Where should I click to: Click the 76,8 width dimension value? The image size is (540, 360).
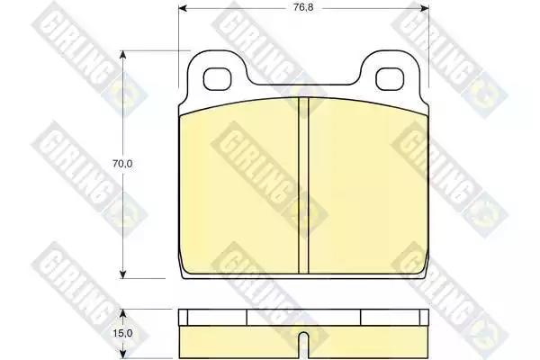pyautogui.click(x=303, y=7)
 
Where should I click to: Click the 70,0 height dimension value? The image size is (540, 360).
pyautogui.click(x=122, y=164)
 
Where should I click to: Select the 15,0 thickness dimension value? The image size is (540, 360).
pyautogui.click(x=122, y=334)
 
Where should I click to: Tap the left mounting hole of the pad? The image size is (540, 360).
pyautogui.click(x=217, y=79)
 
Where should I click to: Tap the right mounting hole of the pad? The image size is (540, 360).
pyautogui.click(x=390, y=79)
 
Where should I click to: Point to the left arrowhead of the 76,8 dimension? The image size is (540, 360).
pyautogui.click(x=183, y=8)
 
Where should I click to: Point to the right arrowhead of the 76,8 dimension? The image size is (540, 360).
pyautogui.click(x=425, y=8)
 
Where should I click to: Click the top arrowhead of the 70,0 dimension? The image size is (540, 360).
pyautogui.click(x=122, y=55)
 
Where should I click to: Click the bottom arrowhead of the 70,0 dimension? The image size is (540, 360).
pyautogui.click(x=122, y=274)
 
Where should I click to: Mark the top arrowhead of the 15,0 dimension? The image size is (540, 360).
pyautogui.click(x=122, y=313)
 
